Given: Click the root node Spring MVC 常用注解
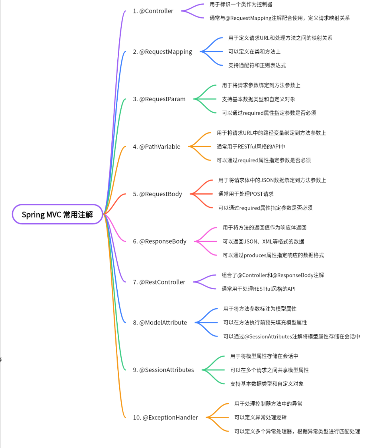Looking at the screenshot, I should [57, 214].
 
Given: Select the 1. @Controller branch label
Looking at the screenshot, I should [153, 11].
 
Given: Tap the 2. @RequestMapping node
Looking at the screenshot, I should [163, 52].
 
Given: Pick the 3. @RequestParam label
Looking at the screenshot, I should [159, 99].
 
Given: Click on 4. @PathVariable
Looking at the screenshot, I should [157, 146].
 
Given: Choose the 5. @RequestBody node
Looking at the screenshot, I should [157, 194].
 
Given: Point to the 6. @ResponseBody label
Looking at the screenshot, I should [160, 241].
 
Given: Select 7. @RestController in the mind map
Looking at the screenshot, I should [159, 282].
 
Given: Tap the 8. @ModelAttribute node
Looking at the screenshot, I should [160, 323].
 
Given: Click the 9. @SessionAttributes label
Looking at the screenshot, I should [163, 370].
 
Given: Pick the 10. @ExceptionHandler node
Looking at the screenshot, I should [165, 418].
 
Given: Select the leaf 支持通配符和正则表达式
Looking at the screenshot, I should [257, 65].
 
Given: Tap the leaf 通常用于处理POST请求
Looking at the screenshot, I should [246, 194].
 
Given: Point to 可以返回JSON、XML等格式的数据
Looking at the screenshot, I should [263, 241].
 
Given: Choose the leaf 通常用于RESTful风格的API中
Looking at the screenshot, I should [251, 146].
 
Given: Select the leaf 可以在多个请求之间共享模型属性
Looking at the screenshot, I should [269, 370].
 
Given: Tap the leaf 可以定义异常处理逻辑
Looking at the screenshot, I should [260, 418].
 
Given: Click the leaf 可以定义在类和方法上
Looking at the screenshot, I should [254, 52].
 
